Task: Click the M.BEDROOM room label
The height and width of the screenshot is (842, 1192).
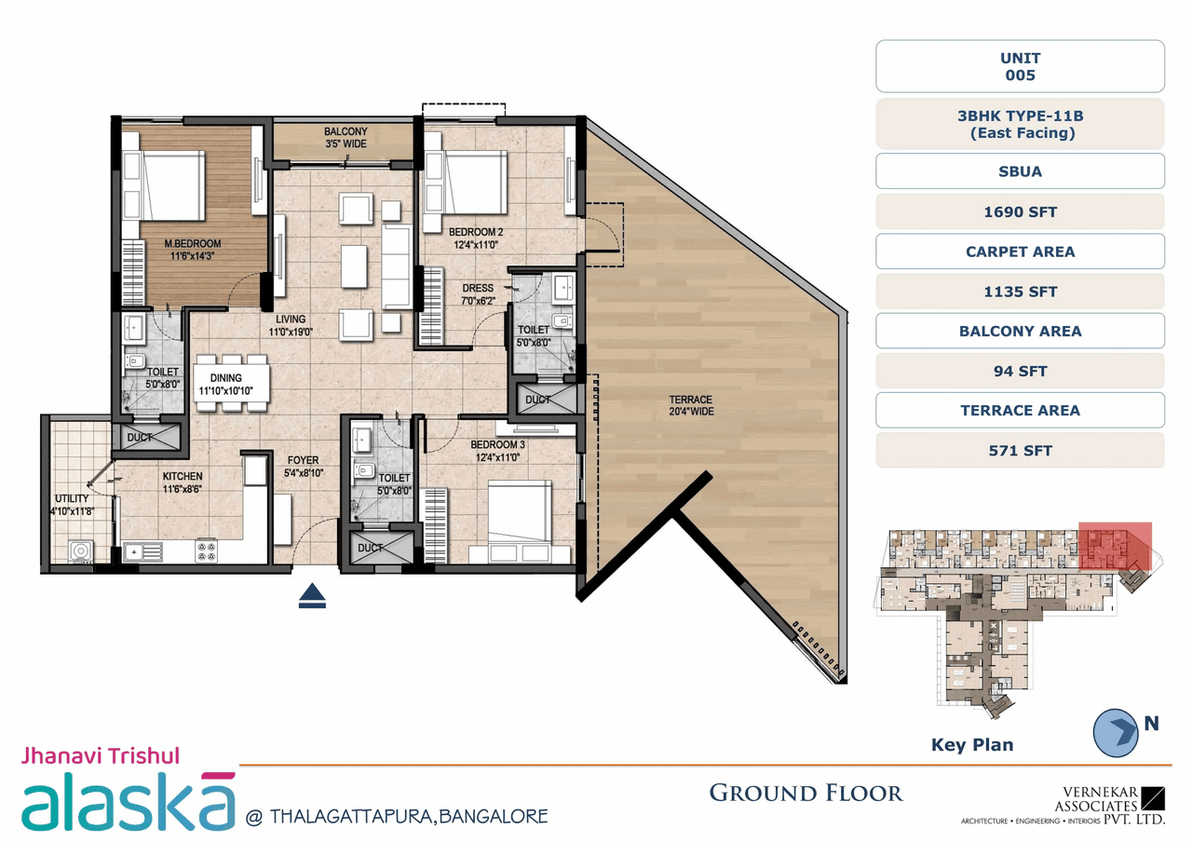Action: point(193,251)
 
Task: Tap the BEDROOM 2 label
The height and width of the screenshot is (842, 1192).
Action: point(476,238)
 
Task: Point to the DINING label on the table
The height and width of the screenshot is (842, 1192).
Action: point(225,384)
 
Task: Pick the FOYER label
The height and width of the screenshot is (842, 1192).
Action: point(303,467)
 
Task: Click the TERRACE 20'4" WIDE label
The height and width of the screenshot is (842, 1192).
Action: point(690,405)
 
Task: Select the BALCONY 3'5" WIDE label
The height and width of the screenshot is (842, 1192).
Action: point(345,138)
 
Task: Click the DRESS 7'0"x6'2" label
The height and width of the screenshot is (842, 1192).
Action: point(478,294)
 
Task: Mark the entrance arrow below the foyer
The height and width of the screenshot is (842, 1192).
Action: point(312,596)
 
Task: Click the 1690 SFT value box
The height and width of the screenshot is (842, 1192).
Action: point(1020,211)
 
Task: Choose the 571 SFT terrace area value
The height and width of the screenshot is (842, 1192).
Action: point(1020,451)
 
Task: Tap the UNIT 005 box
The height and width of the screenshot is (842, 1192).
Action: point(1020,66)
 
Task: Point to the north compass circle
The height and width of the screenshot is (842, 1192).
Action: point(1116,731)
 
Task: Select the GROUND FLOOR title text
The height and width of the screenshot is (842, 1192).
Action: point(806,793)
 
